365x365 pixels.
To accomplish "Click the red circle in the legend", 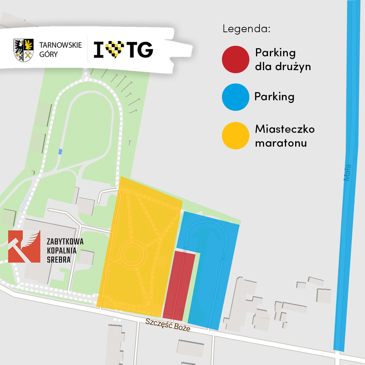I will tap(235, 59).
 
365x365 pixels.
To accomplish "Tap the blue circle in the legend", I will tap(235, 97).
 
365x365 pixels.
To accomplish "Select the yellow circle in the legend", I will tap(235, 136).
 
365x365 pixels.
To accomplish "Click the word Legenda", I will tap(246, 29).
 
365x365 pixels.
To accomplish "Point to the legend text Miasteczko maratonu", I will tap(284, 136).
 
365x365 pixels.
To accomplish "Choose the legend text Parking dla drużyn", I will tap(283, 59).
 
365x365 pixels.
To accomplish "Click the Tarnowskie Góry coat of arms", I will tap(23, 50).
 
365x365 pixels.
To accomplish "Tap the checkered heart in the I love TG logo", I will tap(114, 49).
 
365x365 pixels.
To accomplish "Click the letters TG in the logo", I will tap(140, 50).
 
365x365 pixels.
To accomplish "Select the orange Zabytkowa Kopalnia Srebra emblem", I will tap(24, 246).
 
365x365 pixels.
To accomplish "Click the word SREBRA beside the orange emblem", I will tap(59, 260).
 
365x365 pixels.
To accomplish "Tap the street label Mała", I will tap(347, 172).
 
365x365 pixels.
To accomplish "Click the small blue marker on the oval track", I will tap(60, 151).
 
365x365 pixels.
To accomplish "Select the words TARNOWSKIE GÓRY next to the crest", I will tap(60, 50).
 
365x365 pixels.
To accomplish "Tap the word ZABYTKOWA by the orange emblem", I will tap(65, 242).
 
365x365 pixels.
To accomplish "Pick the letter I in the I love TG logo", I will tap(98, 50).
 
